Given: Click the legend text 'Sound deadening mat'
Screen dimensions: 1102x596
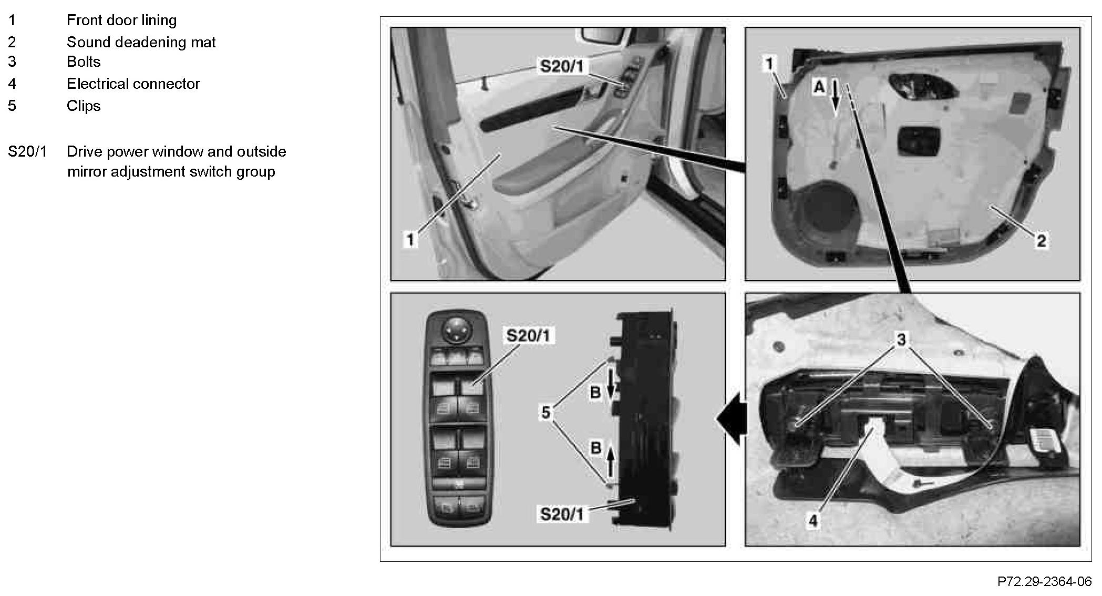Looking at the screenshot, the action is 141,42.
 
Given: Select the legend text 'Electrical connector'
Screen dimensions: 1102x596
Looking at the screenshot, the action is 133,84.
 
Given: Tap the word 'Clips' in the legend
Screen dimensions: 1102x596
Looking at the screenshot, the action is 84,106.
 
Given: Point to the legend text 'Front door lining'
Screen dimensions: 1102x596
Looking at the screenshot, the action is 121,20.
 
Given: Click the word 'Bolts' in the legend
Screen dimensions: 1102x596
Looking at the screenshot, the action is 84,61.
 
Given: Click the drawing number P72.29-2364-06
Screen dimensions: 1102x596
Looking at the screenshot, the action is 1044,582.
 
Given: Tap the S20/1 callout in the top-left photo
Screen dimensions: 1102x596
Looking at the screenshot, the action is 561,66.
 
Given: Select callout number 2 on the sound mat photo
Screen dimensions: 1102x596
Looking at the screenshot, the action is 1041,241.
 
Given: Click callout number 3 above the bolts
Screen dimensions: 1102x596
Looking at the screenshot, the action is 901,340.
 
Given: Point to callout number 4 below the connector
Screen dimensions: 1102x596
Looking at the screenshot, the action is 813,520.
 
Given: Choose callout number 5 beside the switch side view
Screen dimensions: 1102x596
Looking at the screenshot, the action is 545,413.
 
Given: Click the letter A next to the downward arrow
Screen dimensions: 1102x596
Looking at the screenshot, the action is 819,87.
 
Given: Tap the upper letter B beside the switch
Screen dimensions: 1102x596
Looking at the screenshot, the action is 595,392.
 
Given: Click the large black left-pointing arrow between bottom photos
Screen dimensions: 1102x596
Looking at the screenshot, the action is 732,419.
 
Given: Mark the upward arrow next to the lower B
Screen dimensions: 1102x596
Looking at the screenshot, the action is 610,460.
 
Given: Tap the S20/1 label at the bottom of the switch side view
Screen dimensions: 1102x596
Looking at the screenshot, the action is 561,513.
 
